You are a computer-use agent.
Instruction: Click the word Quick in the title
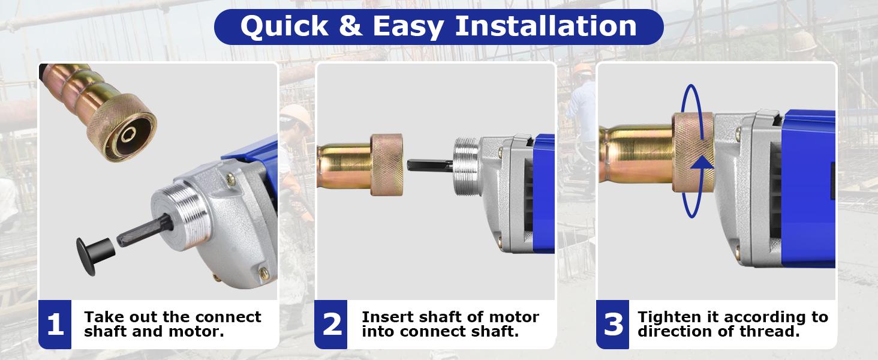[284, 26]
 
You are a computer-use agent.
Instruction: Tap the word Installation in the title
[546, 26]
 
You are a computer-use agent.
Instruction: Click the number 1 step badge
[55, 325]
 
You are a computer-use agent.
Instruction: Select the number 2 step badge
[331, 325]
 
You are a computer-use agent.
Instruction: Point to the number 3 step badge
[613, 325]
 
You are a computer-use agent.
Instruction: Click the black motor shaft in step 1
[145, 230]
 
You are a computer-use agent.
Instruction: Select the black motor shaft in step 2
[430, 165]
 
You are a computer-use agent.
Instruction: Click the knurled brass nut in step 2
[387, 165]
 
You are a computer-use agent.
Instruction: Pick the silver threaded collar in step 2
[467, 166]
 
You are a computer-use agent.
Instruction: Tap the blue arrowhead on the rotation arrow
[702, 163]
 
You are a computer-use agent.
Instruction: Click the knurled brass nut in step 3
[693, 152]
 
